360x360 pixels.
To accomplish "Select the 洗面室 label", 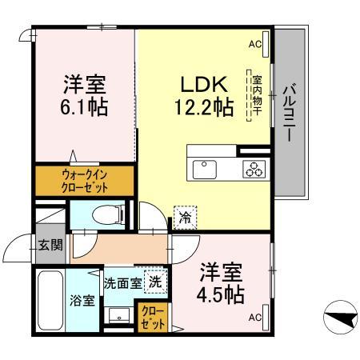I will point(122,282).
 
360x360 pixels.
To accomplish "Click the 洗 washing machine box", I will point(156,281).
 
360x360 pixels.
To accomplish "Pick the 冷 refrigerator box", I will point(185,217).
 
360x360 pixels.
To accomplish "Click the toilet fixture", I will point(102,214).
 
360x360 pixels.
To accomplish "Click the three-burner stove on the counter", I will point(254,169).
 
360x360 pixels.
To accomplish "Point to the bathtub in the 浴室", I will point(50,300).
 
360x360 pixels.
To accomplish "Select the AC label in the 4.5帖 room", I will point(254,318).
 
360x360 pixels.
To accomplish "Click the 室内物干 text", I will point(258,97).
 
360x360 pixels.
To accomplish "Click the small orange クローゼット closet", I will point(153,317).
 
